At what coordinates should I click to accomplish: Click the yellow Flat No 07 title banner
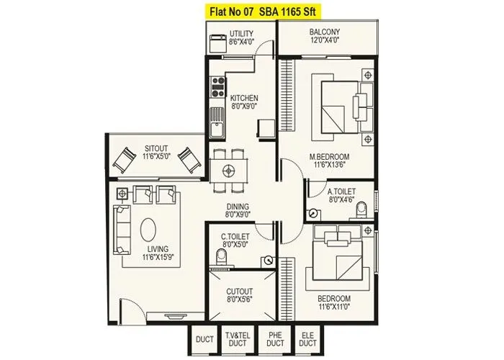252,11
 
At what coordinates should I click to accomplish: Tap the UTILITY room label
242,34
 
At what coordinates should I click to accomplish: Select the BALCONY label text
325,32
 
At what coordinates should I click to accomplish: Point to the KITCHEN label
244,98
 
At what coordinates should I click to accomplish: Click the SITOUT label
156,148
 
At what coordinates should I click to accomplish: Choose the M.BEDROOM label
330,156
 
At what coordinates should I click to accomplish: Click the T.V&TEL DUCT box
237,339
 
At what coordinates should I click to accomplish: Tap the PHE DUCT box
275,339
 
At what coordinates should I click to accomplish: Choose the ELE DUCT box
309,339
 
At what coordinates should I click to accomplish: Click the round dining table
230,171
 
